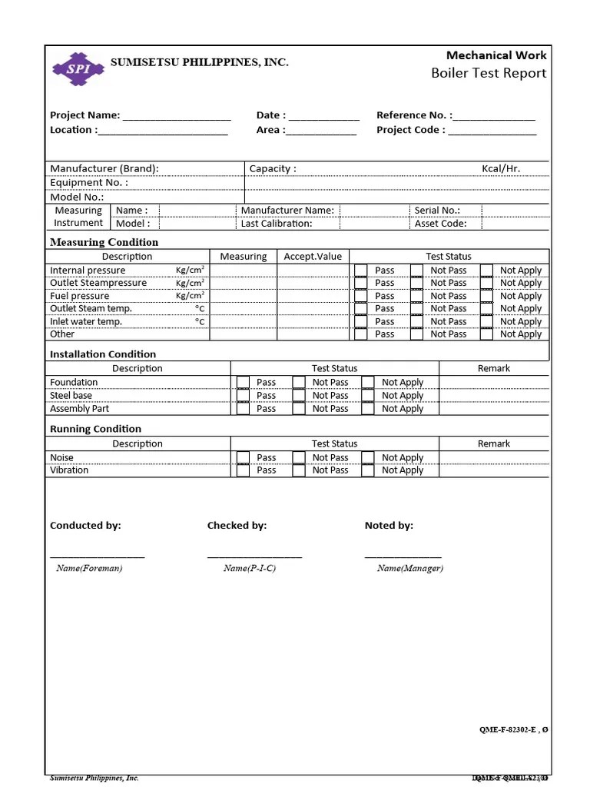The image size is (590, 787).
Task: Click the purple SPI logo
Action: (78, 68)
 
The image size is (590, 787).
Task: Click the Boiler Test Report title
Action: (489, 73)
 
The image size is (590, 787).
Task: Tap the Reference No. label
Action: (413, 115)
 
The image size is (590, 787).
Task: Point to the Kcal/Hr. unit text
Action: (501, 168)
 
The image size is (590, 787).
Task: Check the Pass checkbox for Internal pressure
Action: (360, 271)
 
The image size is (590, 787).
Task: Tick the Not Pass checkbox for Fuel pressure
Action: (416, 296)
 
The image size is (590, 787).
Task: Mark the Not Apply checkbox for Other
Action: (486, 334)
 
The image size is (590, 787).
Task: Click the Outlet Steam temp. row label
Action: (91, 309)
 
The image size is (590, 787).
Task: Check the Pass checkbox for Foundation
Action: (243, 383)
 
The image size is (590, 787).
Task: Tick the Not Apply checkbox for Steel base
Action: (368, 396)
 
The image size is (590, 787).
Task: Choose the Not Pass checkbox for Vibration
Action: (299, 470)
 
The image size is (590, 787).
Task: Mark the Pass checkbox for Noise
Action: (243, 458)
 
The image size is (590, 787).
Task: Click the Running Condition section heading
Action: (95, 429)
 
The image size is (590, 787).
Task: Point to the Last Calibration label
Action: (277, 224)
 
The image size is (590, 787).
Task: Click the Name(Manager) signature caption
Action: (409, 569)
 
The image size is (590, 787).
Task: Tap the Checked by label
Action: (237, 526)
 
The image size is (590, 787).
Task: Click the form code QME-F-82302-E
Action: (508, 730)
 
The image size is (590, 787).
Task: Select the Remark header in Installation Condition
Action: (493, 369)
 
